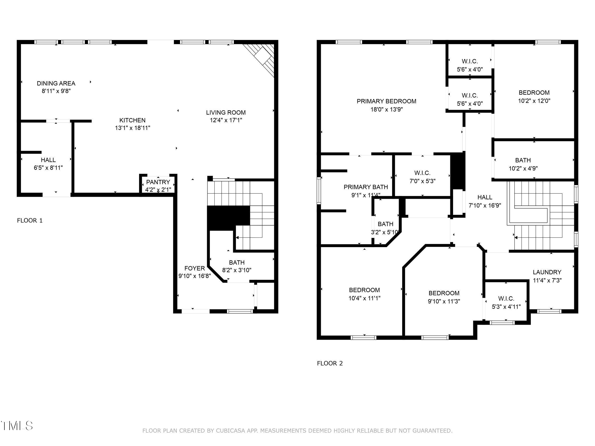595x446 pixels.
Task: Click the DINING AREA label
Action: [x=56, y=83]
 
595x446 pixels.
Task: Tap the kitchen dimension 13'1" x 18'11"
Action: [x=132, y=128]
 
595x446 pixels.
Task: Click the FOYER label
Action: [x=194, y=268]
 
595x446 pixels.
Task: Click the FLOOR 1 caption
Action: [x=30, y=221]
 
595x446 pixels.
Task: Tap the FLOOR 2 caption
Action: [x=330, y=363]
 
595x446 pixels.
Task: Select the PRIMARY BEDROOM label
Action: [x=386, y=101]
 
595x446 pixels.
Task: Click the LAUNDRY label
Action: [x=547, y=272]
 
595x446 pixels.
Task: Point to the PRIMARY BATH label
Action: [x=366, y=187]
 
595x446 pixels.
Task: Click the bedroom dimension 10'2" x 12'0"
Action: [x=534, y=101]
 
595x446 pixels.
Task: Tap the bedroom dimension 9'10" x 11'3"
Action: [x=444, y=301]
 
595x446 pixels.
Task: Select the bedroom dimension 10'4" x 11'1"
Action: [x=364, y=298]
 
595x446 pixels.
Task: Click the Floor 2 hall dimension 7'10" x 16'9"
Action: [x=485, y=205]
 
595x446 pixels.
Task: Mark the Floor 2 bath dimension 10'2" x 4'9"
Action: [x=523, y=169]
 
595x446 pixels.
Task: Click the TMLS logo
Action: [x=17, y=426]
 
